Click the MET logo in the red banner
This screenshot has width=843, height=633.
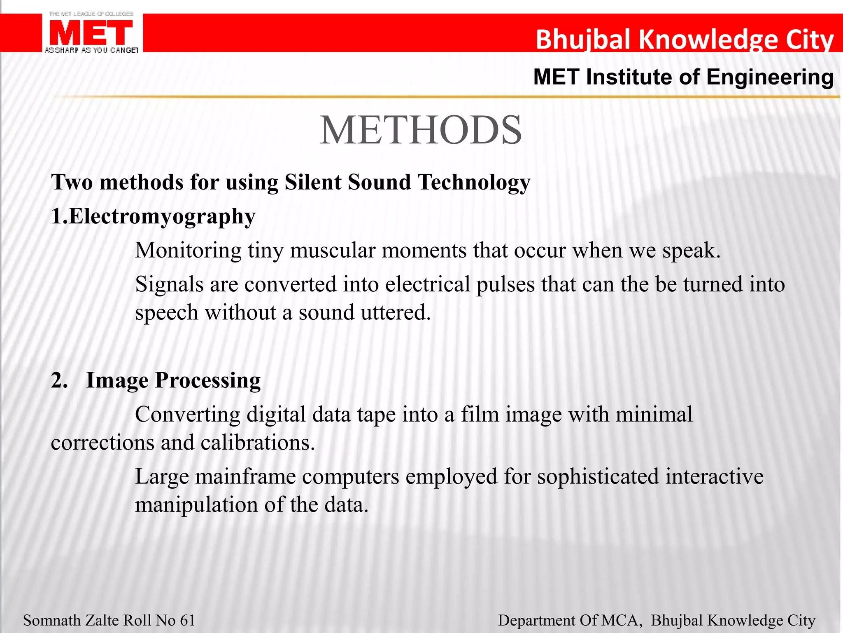click(x=91, y=33)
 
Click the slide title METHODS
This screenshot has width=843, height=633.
click(x=421, y=130)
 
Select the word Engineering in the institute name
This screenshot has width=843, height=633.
click(x=770, y=77)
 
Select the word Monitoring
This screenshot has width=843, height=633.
click(x=188, y=251)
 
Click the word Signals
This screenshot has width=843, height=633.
click(x=169, y=284)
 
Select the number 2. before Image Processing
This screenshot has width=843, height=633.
click(x=59, y=380)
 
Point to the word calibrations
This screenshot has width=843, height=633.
click(x=258, y=443)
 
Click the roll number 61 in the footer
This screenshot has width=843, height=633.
click(x=188, y=620)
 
